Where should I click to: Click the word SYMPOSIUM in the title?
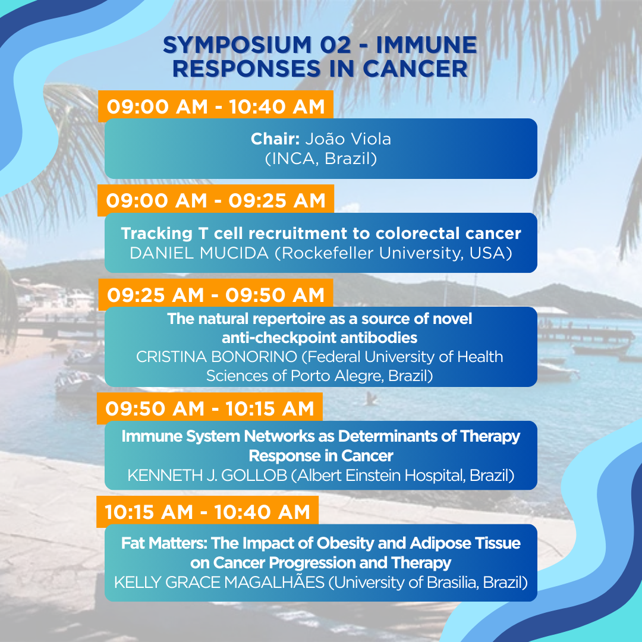coord(237,45)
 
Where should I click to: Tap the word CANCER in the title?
coord(415,68)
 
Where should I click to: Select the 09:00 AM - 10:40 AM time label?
coord(216,106)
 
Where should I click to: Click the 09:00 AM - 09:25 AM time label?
coord(216,201)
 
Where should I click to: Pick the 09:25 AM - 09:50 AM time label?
coord(216,295)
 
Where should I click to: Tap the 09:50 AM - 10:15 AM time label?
coord(210,408)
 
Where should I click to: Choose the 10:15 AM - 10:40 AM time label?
coord(207,512)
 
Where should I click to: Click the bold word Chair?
coord(276,139)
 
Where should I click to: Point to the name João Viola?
coord(348,139)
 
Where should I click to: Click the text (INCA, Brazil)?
coord(321,159)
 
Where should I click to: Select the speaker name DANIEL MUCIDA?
coord(199,253)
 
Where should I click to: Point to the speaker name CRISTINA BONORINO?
coord(216,357)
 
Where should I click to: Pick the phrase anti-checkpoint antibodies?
coord(319,338)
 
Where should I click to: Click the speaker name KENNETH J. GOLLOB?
coord(207,476)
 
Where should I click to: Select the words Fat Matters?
coord(164,543)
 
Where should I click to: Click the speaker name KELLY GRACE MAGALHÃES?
coord(219,582)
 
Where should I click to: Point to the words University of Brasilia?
coord(406,582)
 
